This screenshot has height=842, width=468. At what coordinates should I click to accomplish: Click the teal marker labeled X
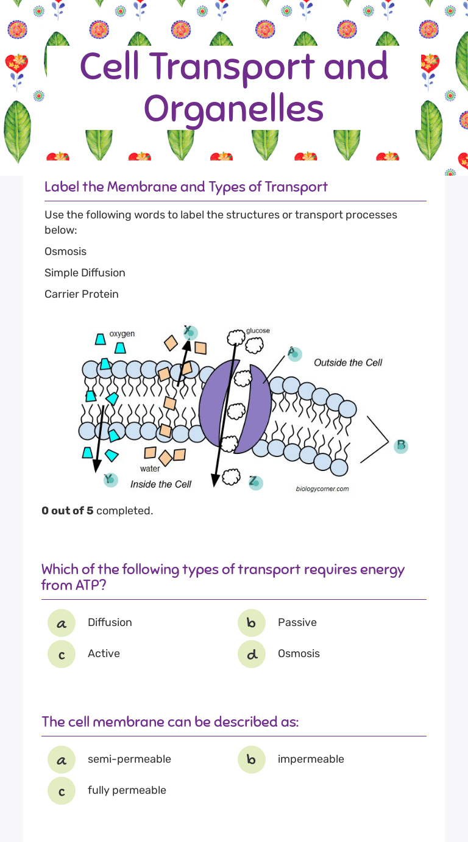click(191, 331)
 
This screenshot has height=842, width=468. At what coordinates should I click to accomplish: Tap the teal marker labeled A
click(294, 354)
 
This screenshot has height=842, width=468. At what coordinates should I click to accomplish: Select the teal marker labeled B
click(400, 446)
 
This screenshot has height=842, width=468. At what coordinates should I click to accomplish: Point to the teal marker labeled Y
click(110, 480)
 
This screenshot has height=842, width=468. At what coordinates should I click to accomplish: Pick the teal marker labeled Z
click(255, 482)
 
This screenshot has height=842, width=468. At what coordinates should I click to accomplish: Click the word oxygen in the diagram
click(122, 334)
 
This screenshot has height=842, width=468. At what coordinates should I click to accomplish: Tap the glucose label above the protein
click(258, 331)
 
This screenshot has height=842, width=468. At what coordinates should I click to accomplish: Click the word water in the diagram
click(150, 469)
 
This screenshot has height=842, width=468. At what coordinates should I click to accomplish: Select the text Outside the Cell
click(348, 362)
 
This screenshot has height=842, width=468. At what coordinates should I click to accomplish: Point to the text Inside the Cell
click(161, 484)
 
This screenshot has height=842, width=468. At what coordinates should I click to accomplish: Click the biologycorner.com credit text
click(322, 489)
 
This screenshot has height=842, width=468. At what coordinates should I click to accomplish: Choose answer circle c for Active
click(62, 654)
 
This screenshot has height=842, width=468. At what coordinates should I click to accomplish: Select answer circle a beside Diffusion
click(62, 623)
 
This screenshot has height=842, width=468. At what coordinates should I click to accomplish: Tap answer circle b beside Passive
click(252, 623)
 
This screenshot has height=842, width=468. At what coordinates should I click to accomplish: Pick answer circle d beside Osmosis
click(252, 654)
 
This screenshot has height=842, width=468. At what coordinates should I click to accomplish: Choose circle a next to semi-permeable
click(62, 760)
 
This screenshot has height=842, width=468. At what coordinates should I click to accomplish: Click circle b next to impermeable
click(252, 760)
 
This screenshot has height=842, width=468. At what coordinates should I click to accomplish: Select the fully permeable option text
click(127, 790)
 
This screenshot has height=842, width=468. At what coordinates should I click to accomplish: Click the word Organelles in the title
click(234, 109)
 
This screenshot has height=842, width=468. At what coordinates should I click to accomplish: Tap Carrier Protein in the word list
click(82, 294)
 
